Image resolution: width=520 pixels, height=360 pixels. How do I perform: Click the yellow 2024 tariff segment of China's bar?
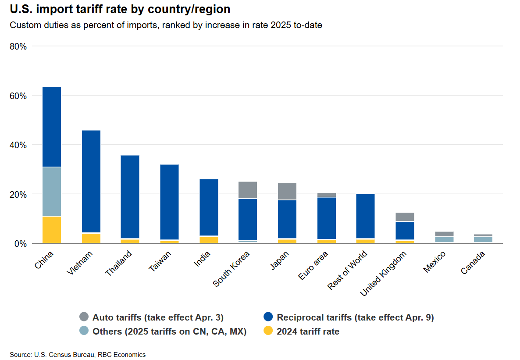[52, 229]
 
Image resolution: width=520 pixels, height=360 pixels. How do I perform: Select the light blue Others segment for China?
[52, 192]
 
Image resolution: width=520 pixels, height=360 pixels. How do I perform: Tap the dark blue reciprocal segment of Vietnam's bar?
[91, 181]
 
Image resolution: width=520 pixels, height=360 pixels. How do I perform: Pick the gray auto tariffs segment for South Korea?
[248, 190]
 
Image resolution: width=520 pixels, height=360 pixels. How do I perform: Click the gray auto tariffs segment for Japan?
[287, 191]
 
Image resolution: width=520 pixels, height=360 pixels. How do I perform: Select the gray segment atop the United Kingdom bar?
[405, 217]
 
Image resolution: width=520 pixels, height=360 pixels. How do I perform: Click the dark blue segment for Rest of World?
[365, 216]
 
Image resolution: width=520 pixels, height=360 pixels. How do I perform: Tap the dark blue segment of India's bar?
[209, 207]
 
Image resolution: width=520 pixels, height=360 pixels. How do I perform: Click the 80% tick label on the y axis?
[18, 46]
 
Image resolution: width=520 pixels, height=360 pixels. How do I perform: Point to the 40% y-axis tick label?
[18, 145]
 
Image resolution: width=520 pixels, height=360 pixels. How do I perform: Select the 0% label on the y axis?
[21, 243]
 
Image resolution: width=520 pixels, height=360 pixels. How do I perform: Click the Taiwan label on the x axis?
[160, 262]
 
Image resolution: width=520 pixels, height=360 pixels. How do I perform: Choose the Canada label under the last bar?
[473, 263]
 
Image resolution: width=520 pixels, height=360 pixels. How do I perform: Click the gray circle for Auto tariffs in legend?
[84, 317]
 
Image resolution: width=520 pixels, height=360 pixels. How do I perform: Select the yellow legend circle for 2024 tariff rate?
[268, 331]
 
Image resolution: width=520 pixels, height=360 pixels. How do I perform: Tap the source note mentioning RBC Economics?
[78, 354]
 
